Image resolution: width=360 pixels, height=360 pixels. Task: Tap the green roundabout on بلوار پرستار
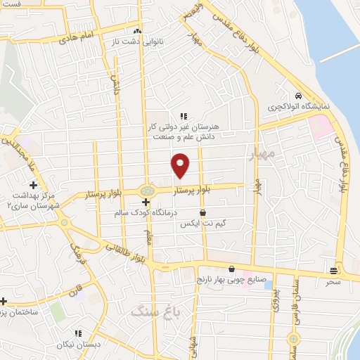point(146,190)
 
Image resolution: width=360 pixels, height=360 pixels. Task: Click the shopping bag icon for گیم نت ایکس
point(203,212)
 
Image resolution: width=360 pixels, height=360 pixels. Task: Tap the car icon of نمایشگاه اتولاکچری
point(299,96)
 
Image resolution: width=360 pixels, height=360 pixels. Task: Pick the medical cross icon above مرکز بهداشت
point(34,184)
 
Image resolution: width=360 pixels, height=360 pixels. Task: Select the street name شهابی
point(193,345)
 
